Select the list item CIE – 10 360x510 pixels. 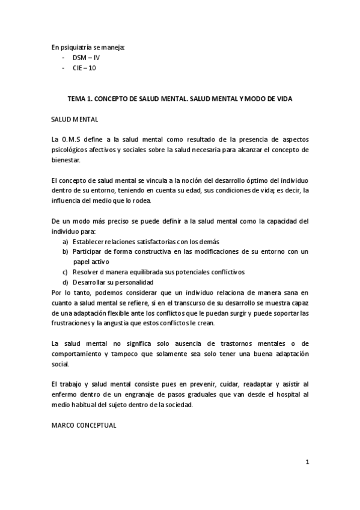pyautogui.click(x=84, y=68)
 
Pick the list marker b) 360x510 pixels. pyautogui.click(x=65, y=251)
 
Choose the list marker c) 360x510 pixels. pyautogui.click(x=65, y=272)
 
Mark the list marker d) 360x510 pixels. pyautogui.click(x=65, y=282)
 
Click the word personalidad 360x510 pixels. pyautogui.click(x=132, y=282)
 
